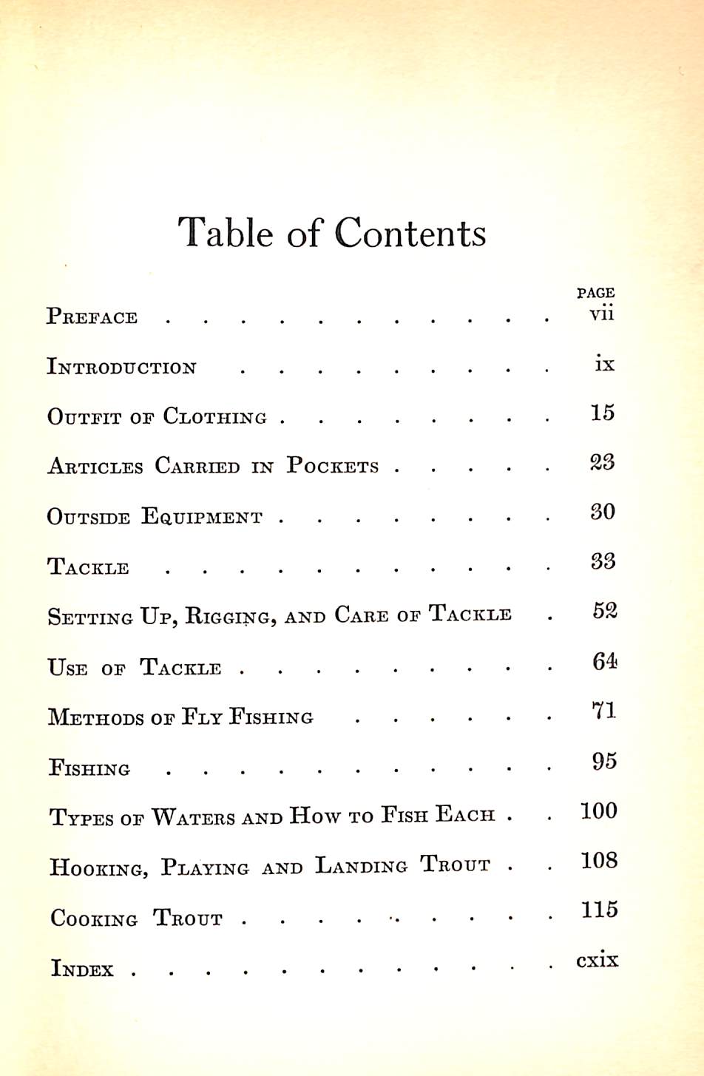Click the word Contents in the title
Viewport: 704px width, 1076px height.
(x=410, y=234)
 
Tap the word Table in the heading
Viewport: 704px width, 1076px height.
(x=226, y=234)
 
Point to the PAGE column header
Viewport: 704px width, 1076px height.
(x=595, y=293)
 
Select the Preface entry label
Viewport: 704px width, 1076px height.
(x=92, y=317)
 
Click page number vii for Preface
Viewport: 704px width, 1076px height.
(x=601, y=314)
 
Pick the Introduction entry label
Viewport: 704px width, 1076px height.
(x=121, y=367)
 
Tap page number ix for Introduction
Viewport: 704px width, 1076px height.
(x=604, y=364)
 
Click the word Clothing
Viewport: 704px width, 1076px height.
(x=214, y=416)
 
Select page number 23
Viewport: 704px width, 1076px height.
(x=602, y=462)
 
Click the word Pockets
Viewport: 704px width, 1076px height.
(x=333, y=466)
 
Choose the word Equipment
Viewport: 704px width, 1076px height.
(x=201, y=516)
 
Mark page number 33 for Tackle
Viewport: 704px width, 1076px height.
(x=603, y=561)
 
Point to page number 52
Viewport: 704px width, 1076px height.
(x=604, y=611)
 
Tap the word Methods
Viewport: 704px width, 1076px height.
(x=95, y=717)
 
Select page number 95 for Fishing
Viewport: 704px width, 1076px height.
(x=604, y=761)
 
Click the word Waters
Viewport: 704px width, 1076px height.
(x=194, y=817)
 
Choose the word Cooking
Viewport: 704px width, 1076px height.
(x=94, y=919)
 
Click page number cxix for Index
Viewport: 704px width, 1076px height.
(x=597, y=961)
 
